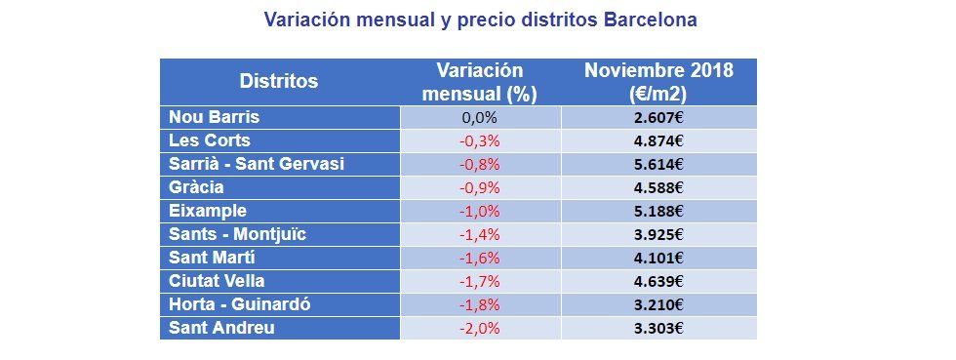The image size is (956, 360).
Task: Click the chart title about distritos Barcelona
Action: [482, 20]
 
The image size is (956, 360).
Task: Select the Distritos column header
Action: [279, 81]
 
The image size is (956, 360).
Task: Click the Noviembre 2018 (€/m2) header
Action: [658, 82]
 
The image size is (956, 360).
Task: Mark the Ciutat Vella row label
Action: [211, 281]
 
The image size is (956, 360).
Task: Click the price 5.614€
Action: [658, 165]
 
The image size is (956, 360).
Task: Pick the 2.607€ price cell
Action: [658, 118]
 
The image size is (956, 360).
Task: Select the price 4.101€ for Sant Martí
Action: [658, 259]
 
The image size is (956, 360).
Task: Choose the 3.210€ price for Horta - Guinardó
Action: [658, 305]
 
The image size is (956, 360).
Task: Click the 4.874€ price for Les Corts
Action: [658, 141]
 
